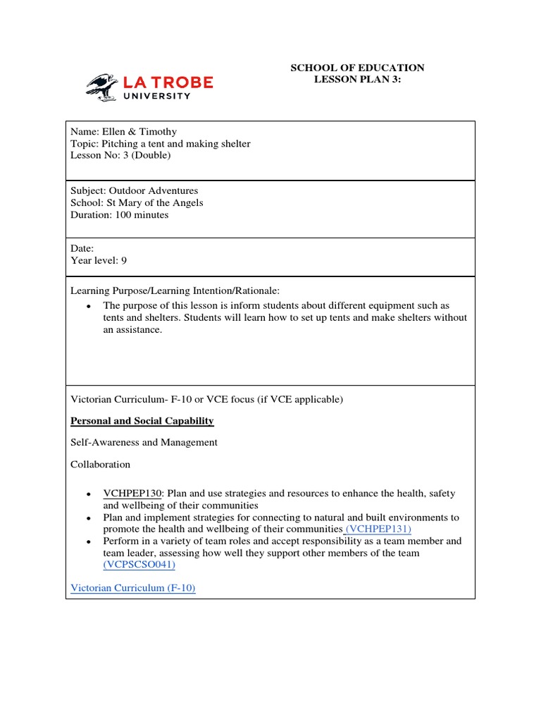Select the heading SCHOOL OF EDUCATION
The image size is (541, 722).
358,68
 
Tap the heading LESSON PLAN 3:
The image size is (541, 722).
357,80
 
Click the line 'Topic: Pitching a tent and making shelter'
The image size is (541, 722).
160,144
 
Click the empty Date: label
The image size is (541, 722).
82,248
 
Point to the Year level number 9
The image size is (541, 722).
124,260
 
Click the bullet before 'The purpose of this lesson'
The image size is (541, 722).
88,307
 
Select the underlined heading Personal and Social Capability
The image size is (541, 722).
142,421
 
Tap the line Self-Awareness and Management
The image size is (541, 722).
144,443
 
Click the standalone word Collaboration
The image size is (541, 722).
101,464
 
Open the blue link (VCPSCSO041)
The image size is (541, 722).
139,565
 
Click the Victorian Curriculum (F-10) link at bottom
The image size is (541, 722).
133,588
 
